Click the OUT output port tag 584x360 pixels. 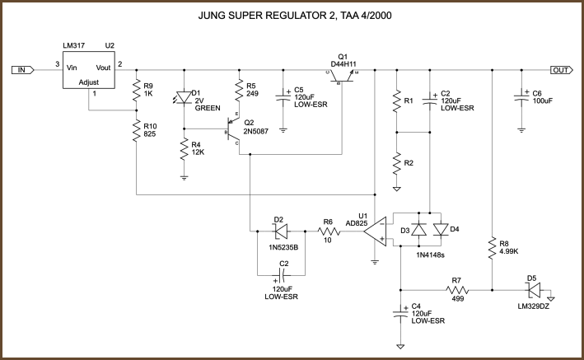click(x=561, y=70)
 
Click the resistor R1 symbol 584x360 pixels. click(x=397, y=101)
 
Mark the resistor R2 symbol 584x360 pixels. click(x=397, y=163)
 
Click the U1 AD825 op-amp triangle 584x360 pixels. click(x=377, y=232)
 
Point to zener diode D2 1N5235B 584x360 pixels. click(x=281, y=232)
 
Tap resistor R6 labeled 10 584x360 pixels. click(x=328, y=232)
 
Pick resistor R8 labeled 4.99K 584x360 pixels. click(x=492, y=246)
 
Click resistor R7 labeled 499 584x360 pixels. click(x=456, y=290)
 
